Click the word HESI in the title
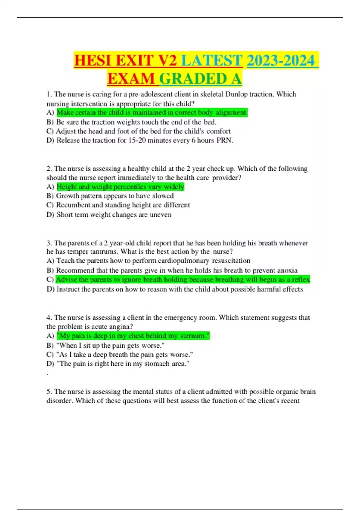click(x=93, y=61)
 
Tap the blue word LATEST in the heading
click(x=212, y=61)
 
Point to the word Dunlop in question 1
click(x=236, y=94)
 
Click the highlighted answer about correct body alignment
click(x=152, y=112)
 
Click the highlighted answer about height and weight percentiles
click(x=120, y=187)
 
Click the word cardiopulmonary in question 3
click(x=184, y=261)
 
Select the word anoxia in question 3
click(x=287, y=270)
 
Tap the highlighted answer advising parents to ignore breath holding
click(x=183, y=280)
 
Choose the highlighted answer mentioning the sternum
click(x=133, y=336)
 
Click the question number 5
click(x=49, y=392)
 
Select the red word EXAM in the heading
click(x=131, y=79)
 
